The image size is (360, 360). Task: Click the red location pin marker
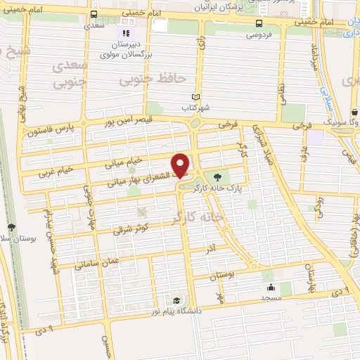181,165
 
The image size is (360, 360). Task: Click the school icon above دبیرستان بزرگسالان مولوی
126,33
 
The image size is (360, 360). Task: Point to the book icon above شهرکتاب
197,98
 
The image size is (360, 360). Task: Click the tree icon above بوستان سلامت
12,226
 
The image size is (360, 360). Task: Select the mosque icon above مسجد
269,287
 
